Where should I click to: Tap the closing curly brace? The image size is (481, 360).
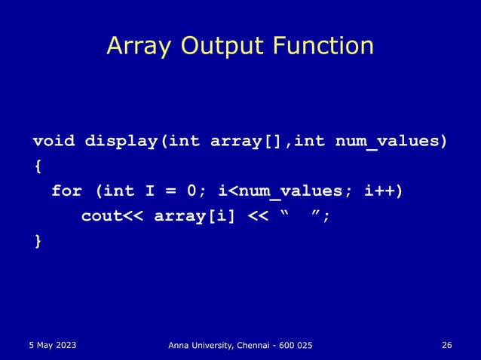[38, 240]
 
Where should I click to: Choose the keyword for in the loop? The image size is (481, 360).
[66, 191]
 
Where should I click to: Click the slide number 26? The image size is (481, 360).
[447, 344]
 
